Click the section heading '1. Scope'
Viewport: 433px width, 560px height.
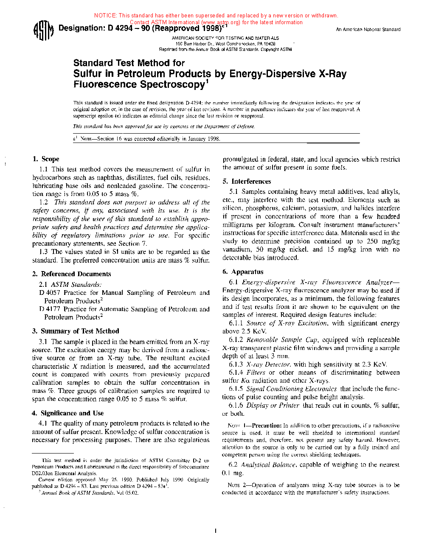pyautogui.click(x=46, y=159)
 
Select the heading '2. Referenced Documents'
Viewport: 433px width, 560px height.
pyautogui.click(x=71, y=274)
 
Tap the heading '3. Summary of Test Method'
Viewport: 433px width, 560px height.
pyautogui.click(x=76, y=331)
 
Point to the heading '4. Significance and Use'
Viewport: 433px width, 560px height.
pyautogui.click(x=67, y=413)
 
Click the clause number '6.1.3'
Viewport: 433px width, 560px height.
pyautogui.click(x=236, y=364)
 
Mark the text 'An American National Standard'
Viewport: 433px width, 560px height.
pyautogui.click(x=368, y=30)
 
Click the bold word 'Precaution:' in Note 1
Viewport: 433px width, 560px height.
pyautogui.click(x=267, y=426)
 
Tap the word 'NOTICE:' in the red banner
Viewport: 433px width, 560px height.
pyautogui.click(x=106, y=16)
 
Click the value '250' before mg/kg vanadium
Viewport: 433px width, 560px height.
pyautogui.click(x=372, y=241)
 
